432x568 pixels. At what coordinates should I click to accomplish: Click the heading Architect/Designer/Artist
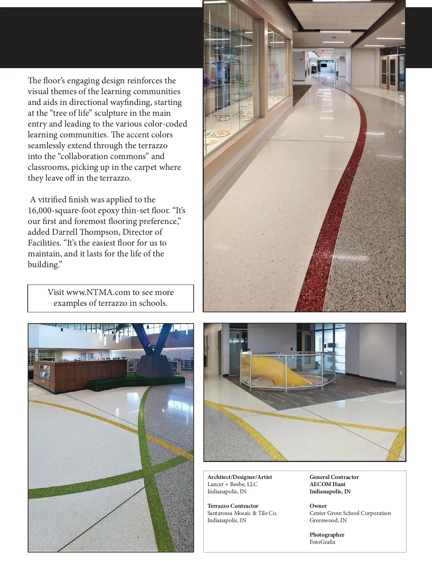pyautogui.click(x=239, y=477)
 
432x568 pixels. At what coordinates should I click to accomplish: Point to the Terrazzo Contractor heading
pyautogui.click(x=233, y=506)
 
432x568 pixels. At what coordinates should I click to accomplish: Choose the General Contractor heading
pyautogui.click(x=334, y=477)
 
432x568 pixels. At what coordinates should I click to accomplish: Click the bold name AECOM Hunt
pyautogui.click(x=327, y=484)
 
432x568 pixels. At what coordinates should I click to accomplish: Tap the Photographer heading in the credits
pyautogui.click(x=327, y=535)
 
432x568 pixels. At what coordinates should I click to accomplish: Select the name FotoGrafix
pyautogui.click(x=322, y=542)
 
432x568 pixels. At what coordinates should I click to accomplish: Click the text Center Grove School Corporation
pyautogui.click(x=350, y=513)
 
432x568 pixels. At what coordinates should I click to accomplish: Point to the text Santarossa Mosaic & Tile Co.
pyautogui.click(x=242, y=513)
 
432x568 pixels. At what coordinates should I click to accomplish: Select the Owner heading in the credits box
pyautogui.click(x=318, y=506)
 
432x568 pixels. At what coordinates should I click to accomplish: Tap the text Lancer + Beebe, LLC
pyautogui.click(x=232, y=484)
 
